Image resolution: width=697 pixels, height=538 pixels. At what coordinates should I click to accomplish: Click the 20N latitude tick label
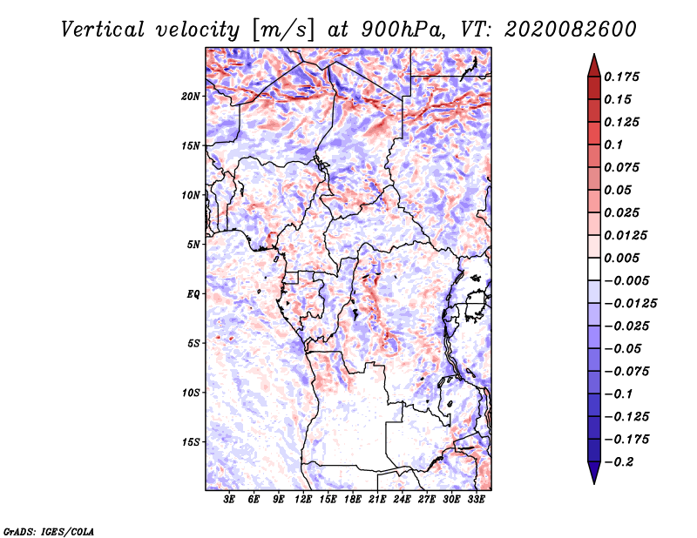point(191,97)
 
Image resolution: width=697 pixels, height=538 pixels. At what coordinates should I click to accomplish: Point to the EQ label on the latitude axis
point(193,294)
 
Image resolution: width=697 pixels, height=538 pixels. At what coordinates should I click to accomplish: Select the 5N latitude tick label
point(193,245)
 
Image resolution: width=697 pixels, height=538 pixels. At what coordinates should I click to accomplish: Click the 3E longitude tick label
point(229,500)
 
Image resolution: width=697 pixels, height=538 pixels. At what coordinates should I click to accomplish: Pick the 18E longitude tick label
point(352,500)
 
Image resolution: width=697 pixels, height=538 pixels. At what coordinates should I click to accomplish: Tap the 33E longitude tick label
point(476,500)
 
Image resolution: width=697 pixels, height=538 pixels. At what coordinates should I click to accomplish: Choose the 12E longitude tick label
point(302,500)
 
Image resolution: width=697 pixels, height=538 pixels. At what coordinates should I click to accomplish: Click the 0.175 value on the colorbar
point(621,77)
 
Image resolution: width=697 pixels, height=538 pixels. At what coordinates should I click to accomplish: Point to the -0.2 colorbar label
point(619,462)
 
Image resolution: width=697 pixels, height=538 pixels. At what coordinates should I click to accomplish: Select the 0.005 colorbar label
point(621,258)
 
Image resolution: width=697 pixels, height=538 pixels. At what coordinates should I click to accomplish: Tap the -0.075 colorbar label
point(626,372)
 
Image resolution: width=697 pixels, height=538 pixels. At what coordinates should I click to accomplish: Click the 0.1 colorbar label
point(613,145)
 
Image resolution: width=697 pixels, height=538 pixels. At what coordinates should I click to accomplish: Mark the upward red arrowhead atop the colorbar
point(594,66)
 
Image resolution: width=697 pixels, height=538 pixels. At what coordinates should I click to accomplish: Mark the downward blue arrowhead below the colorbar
point(594,473)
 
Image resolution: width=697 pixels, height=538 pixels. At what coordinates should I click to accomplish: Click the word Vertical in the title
point(103,30)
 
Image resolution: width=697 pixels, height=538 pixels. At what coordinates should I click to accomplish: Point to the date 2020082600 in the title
point(571,30)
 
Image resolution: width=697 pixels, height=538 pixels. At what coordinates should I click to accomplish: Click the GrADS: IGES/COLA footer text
point(49,531)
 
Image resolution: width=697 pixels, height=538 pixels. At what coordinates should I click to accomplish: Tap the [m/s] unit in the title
point(283,30)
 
